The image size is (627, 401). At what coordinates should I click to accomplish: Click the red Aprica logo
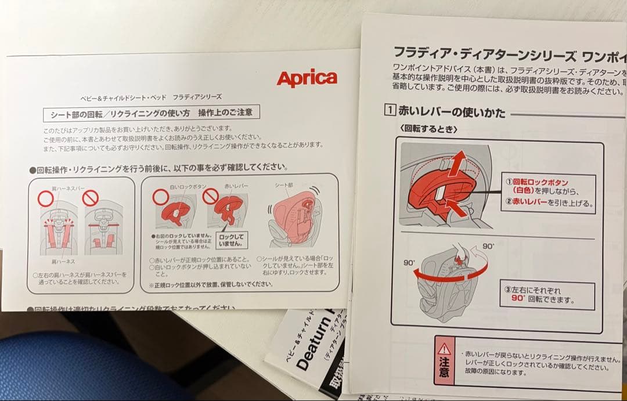[307, 78]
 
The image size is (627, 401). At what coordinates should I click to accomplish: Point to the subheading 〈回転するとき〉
[429, 129]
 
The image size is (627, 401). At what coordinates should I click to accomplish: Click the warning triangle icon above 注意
[445, 348]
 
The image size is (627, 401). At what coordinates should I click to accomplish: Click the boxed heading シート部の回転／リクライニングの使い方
[151, 112]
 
